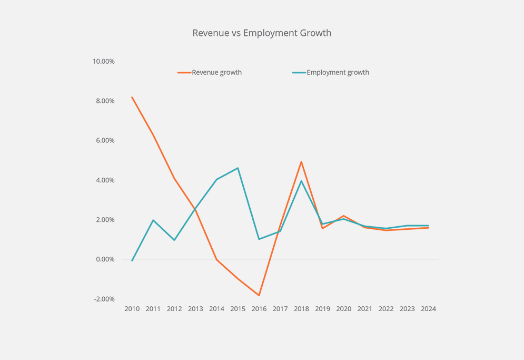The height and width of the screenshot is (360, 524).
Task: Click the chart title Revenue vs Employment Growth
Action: click(x=262, y=33)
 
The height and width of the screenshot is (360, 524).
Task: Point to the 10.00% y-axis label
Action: click(x=104, y=61)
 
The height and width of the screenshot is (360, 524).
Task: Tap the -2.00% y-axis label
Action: click(x=104, y=299)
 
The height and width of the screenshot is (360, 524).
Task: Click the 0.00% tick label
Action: click(x=105, y=259)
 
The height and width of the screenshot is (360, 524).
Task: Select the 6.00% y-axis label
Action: click(x=105, y=140)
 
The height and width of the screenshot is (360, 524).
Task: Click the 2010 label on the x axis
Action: click(x=132, y=309)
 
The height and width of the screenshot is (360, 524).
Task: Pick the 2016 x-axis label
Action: click(x=259, y=309)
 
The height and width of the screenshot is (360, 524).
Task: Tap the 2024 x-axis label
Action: click(x=428, y=309)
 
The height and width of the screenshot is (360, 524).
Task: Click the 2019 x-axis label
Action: click(x=322, y=309)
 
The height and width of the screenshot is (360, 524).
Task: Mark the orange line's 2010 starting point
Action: click(x=132, y=97)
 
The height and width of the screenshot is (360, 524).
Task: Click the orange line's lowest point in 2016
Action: click(x=259, y=295)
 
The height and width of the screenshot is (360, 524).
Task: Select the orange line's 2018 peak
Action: click(x=301, y=162)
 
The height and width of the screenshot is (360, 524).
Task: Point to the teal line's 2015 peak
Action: click(x=238, y=168)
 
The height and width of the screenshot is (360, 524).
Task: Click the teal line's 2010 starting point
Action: click(x=132, y=260)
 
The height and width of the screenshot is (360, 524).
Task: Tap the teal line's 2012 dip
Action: click(x=174, y=240)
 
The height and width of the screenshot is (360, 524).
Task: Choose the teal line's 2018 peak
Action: click(x=301, y=181)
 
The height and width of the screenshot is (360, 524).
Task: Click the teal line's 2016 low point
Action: click(x=259, y=239)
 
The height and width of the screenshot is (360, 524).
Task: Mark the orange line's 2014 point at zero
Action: click(x=217, y=259)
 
